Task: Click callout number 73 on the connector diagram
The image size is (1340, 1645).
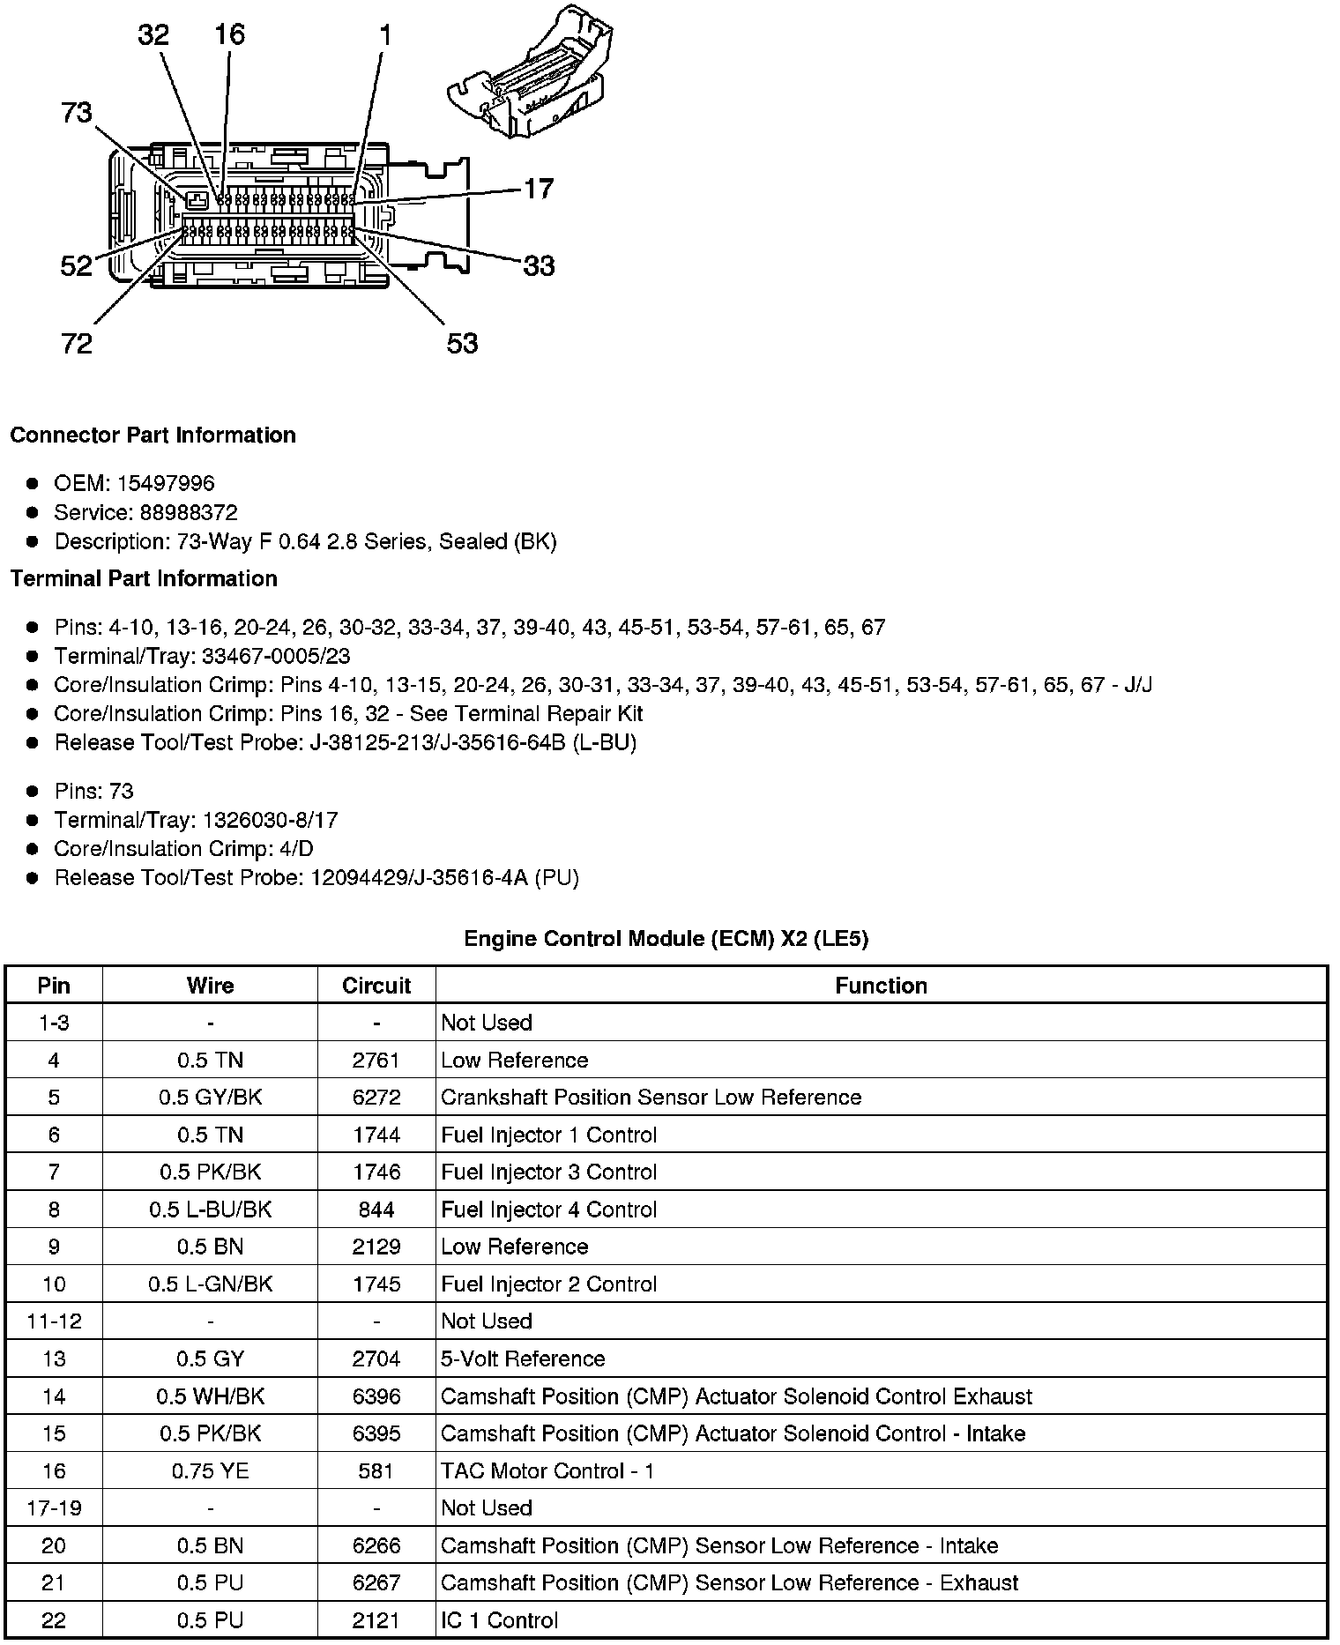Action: coord(77,113)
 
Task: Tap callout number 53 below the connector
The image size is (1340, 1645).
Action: coord(462,343)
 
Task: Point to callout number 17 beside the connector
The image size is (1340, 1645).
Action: coord(539,189)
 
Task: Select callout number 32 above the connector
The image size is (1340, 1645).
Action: coord(153,35)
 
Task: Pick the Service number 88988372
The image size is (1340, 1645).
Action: coord(189,512)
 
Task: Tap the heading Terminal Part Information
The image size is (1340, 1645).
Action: coord(144,578)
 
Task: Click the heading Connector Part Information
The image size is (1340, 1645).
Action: coord(153,435)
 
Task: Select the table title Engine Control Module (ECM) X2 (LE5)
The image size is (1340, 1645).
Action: coord(666,939)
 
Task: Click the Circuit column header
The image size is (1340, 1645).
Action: coord(376,986)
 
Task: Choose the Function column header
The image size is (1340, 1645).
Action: coord(881,986)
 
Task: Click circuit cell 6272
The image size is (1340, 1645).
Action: coord(376,1098)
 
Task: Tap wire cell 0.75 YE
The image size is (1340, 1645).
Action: coord(210,1471)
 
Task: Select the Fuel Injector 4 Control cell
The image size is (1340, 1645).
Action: coord(548,1210)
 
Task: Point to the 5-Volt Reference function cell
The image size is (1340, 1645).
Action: coord(523,1358)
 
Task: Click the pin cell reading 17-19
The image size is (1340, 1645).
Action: coord(54,1508)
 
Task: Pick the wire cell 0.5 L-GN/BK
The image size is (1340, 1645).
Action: coord(210,1284)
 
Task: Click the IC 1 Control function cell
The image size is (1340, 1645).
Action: coord(499,1620)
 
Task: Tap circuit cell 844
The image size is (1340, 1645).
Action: coord(376,1210)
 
